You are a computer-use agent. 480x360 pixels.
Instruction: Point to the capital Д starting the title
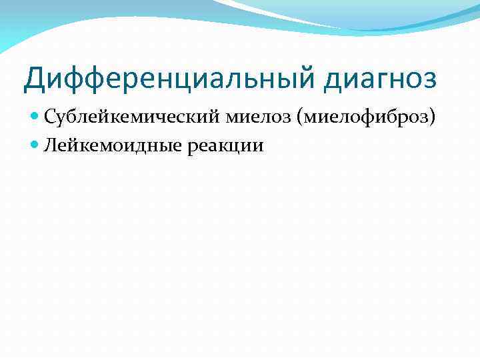coord(35,78)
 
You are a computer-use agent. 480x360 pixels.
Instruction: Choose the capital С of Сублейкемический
coord(51,118)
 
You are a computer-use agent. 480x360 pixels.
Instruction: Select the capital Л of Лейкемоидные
coord(51,145)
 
